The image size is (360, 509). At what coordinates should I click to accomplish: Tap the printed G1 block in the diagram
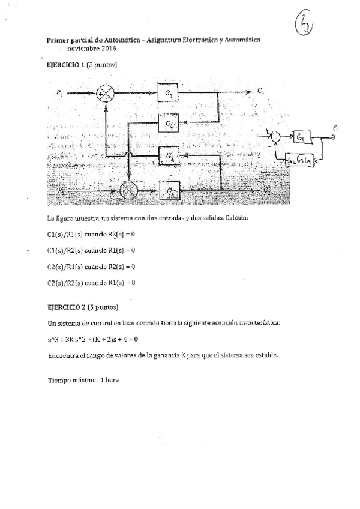170,94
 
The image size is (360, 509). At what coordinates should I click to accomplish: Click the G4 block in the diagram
170,191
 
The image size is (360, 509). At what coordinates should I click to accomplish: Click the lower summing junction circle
128,191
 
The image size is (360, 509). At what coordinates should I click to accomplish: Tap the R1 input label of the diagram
59,92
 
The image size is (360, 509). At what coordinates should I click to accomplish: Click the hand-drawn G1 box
301,137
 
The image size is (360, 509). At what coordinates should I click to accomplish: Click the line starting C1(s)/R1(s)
90,234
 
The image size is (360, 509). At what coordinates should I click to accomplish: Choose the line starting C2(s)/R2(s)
90,282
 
